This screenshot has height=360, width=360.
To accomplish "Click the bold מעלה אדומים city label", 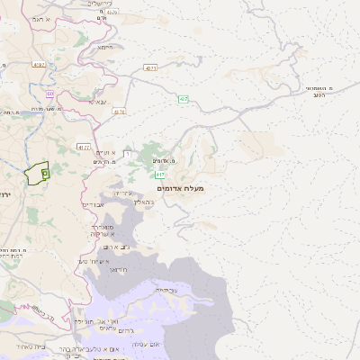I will tap(181, 188).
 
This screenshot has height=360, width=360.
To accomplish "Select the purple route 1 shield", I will tap(127, 155).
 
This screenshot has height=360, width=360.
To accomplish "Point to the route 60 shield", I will tap(50, 93).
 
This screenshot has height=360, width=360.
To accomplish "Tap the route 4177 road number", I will tap(84, 146).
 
